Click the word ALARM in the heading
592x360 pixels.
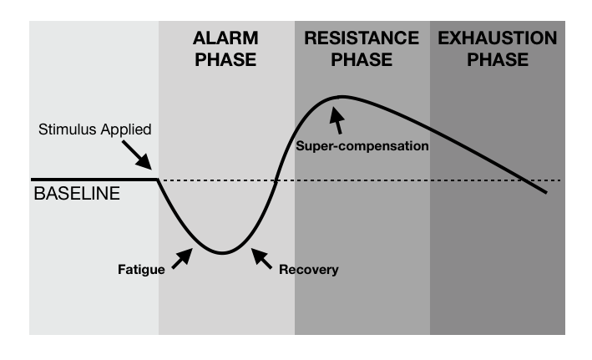click(225, 38)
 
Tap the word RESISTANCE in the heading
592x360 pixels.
click(362, 38)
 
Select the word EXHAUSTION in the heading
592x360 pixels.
click(498, 38)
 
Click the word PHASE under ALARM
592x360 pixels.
click(225, 60)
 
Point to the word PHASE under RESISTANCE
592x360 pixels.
click(362, 60)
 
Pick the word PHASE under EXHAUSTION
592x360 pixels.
click(498, 60)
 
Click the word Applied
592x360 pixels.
click(125, 130)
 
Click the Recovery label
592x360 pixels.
click(310, 270)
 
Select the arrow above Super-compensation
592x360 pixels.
click(336, 122)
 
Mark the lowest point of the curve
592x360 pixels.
click(221, 252)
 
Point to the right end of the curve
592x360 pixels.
click(547, 193)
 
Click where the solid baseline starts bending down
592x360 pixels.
click(159, 180)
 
